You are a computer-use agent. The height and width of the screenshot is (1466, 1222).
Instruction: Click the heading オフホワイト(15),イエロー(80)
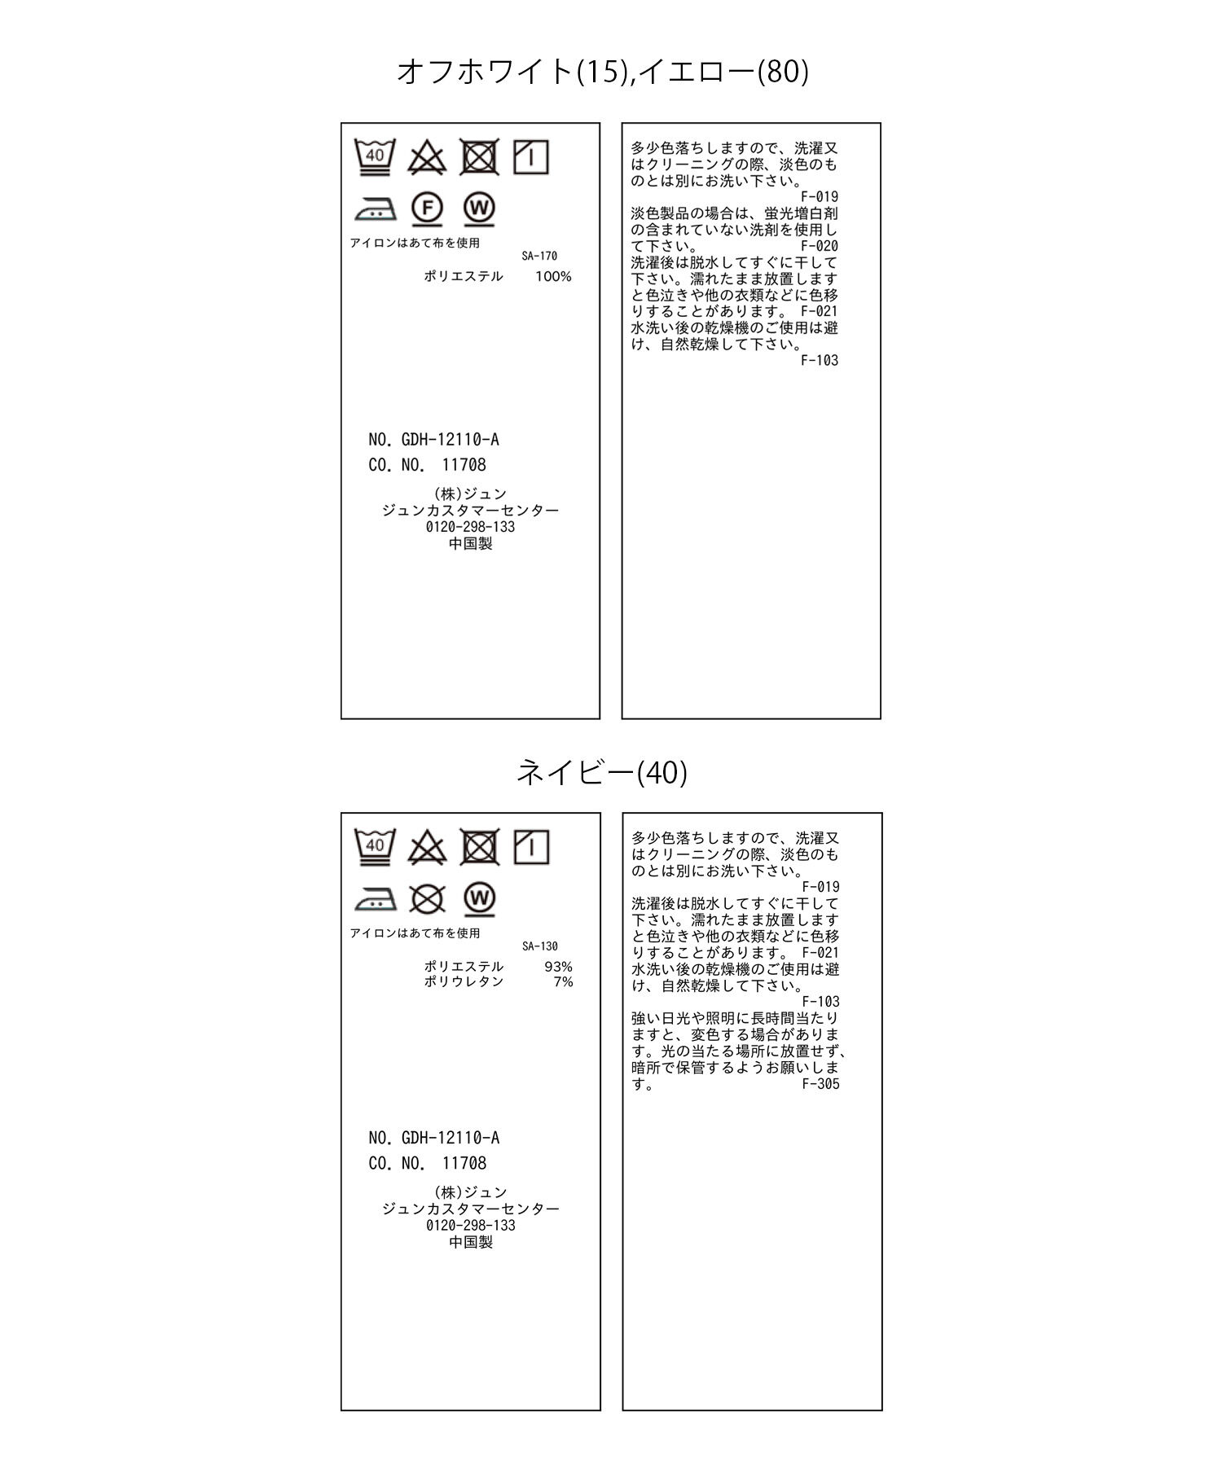tap(602, 72)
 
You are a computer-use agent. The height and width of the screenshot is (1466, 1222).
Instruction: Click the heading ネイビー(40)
tap(602, 772)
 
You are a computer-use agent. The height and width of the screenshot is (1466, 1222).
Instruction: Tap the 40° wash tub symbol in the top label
tap(375, 157)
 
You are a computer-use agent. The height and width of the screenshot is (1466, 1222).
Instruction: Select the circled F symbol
tap(427, 208)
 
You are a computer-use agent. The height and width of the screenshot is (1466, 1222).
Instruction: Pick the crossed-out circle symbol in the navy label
tap(427, 898)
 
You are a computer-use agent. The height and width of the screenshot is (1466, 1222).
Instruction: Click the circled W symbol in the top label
tap(480, 208)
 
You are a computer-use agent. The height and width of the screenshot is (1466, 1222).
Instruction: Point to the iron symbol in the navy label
tap(376, 899)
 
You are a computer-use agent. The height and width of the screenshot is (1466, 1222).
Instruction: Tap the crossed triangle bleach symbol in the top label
tap(427, 157)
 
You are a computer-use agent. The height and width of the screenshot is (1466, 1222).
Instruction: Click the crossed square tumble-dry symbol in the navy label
tap(480, 847)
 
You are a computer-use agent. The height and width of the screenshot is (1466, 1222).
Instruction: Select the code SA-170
tap(539, 256)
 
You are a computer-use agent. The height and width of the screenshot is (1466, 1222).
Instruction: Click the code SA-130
tap(540, 946)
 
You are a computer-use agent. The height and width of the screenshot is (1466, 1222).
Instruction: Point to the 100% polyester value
tap(553, 277)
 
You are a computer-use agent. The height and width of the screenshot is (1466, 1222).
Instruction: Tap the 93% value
tap(558, 967)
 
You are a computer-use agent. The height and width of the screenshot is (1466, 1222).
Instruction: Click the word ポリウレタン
tap(464, 982)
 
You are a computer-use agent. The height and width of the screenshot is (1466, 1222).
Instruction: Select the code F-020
tap(819, 246)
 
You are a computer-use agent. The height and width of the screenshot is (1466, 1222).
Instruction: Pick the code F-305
tap(820, 1084)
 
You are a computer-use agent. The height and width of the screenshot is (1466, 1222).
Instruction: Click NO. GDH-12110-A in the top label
tap(433, 440)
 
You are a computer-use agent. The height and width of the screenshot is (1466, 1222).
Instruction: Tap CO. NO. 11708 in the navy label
tap(427, 1163)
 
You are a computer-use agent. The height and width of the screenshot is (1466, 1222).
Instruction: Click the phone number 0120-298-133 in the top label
tap(470, 527)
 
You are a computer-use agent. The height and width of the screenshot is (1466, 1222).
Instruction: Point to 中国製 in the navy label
tap(471, 1242)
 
